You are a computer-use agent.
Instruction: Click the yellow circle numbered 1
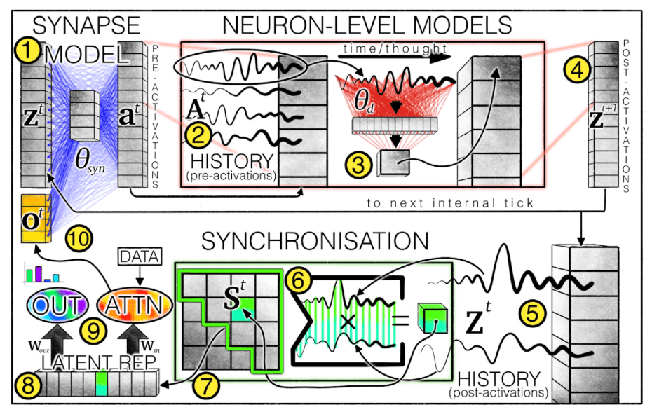coord(27,51)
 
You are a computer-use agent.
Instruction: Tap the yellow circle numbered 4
coord(577,70)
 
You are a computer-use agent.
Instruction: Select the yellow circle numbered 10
coord(79,239)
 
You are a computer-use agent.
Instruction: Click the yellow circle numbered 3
coord(358,165)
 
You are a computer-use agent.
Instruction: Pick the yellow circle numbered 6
coord(299,281)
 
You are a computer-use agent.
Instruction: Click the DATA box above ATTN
coord(140,256)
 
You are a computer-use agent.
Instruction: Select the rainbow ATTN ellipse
coord(135,305)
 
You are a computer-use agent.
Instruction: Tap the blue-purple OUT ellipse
coord(57,305)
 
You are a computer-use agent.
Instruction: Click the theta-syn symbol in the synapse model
coord(90,160)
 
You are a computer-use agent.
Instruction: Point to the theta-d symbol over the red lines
coord(365,102)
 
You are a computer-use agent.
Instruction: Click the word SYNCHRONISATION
coord(315,241)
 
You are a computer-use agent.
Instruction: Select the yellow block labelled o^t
coord(36,219)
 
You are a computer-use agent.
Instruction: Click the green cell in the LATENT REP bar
coord(102,383)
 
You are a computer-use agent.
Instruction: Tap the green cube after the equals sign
coord(433,318)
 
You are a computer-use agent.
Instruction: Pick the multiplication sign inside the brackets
coord(348,322)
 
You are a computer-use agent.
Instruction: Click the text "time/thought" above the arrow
coord(395,48)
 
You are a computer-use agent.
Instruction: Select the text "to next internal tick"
coord(450,203)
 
